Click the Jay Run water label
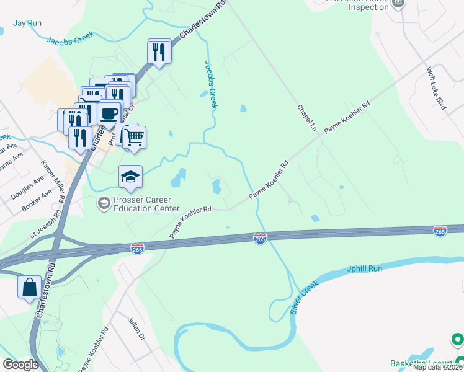[x=27, y=23]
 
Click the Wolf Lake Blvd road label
[x=436, y=89]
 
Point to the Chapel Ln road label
[x=306, y=117]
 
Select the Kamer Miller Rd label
[x=53, y=182]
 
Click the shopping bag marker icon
[x=30, y=288]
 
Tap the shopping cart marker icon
[x=133, y=137]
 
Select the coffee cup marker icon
[x=109, y=114]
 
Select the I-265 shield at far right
[x=440, y=231]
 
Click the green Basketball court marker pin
[x=457, y=340]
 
